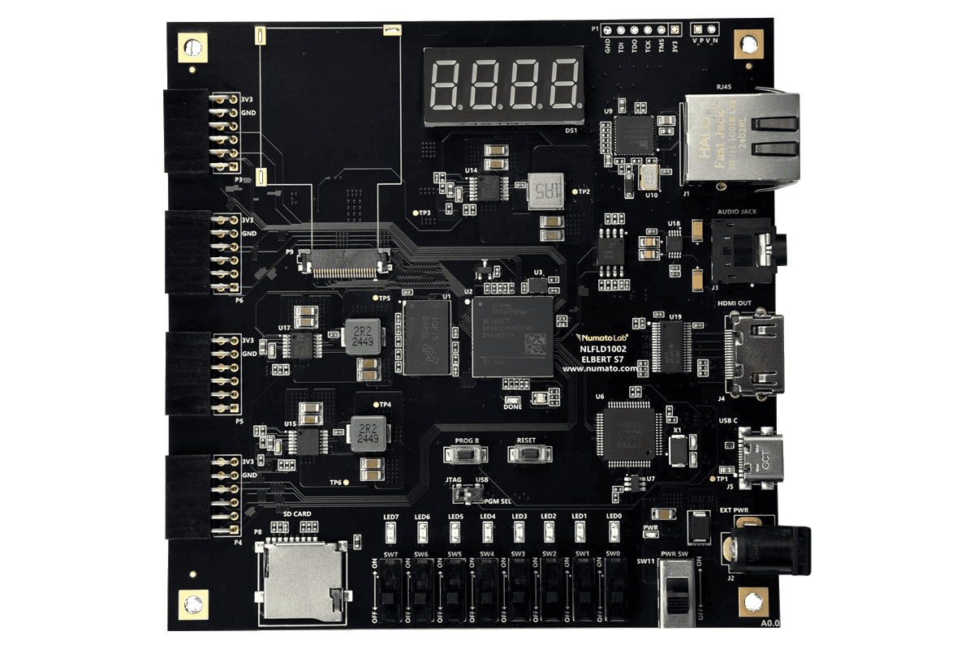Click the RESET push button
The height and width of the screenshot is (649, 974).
[529, 453]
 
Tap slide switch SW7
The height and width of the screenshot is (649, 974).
[391, 588]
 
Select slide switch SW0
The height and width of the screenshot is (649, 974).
[615, 588]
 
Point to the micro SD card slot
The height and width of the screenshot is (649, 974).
[301, 578]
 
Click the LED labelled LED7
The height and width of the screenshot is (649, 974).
[391, 533]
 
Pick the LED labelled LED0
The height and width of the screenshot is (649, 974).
[614, 533]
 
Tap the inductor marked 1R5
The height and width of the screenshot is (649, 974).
[545, 191]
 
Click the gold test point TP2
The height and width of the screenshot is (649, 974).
[575, 191]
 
